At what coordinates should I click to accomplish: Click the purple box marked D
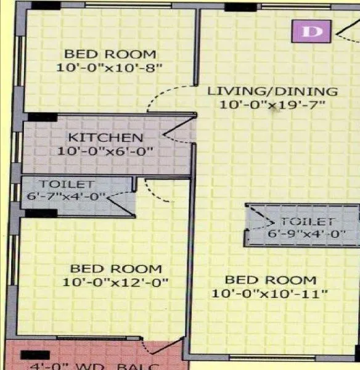311,31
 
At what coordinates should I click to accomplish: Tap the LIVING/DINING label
272,91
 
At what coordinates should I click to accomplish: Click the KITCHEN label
105,138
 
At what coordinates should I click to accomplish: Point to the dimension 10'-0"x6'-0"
105,150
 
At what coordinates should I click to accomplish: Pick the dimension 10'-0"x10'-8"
110,67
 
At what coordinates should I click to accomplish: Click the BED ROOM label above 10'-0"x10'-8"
110,54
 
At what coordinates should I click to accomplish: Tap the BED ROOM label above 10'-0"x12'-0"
116,269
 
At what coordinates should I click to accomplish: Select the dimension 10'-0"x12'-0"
116,282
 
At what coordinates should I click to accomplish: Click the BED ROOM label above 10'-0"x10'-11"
270,280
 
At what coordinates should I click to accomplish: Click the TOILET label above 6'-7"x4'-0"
67,184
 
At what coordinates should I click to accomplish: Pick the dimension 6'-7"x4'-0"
67,197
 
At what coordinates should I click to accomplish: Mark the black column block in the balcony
35,355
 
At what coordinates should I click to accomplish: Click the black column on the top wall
240,7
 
